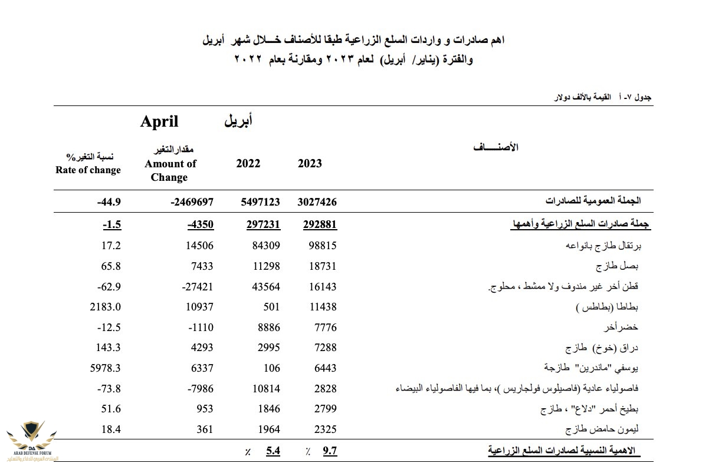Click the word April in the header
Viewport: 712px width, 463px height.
coord(159,122)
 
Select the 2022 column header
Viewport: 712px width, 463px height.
coord(248,163)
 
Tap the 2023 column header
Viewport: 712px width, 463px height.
coord(310,163)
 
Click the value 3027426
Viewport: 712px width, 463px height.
coord(317,201)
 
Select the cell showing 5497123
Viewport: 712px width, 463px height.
coord(260,201)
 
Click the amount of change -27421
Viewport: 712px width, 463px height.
coord(193,286)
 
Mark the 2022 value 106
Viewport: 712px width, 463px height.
coord(272,368)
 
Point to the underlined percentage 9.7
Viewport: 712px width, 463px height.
coord(330,451)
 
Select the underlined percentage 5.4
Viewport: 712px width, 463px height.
coord(273,451)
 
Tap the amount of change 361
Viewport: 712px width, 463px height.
coord(205,429)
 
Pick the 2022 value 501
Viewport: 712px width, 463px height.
coord(272,307)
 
